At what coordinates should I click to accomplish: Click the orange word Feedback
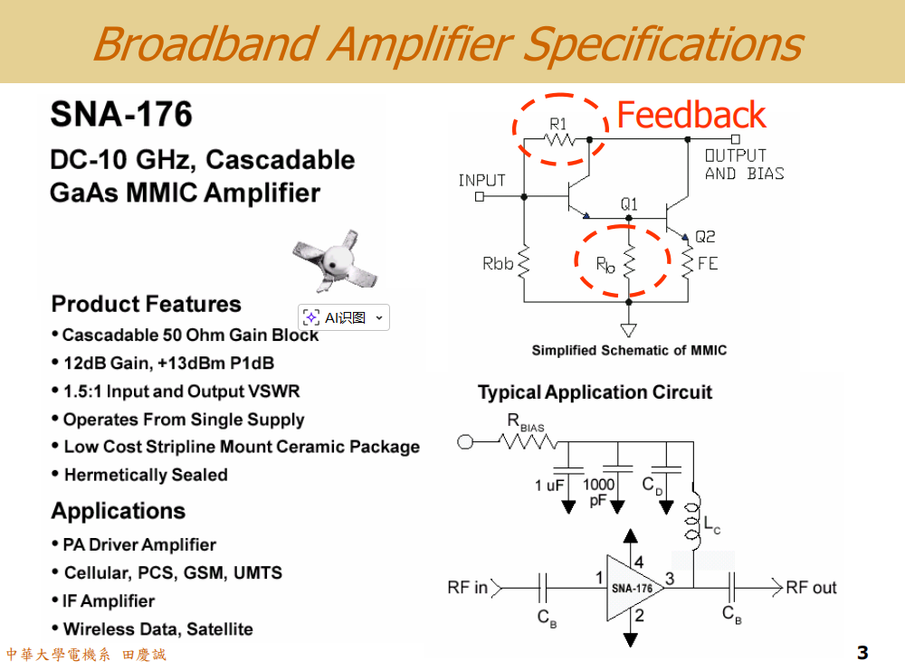click(691, 116)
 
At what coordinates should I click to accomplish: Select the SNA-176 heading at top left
click(121, 115)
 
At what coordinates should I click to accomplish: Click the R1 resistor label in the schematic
click(558, 123)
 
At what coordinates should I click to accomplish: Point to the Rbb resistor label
click(498, 264)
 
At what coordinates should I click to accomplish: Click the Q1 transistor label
click(629, 203)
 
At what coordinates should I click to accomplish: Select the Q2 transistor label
click(705, 237)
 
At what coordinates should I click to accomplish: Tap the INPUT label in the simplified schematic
click(481, 180)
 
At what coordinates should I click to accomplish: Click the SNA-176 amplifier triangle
click(633, 588)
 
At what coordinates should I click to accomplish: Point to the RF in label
click(467, 588)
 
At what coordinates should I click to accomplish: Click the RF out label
click(811, 588)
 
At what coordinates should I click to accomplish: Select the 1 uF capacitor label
click(549, 486)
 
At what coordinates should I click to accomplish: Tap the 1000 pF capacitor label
click(598, 491)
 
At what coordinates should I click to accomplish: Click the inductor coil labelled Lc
click(694, 522)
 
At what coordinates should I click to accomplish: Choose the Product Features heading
click(147, 304)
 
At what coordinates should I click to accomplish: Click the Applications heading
click(119, 511)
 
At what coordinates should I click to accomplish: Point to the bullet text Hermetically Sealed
click(146, 475)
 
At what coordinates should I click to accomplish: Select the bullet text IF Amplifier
click(109, 601)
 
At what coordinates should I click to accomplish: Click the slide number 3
click(862, 653)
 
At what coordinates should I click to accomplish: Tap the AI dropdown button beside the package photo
click(378, 317)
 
